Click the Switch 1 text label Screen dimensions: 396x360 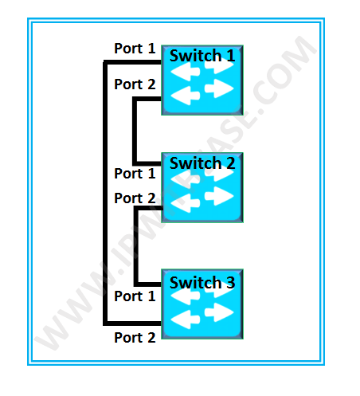202,56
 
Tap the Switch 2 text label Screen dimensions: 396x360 202,163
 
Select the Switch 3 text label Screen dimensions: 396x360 202,283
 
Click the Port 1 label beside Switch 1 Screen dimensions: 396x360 135,49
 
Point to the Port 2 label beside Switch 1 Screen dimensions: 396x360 135,84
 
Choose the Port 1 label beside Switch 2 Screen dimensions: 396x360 135,173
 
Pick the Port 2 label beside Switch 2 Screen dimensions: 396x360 135,198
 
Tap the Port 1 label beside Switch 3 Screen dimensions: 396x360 135,296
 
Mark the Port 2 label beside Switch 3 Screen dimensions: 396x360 135,337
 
